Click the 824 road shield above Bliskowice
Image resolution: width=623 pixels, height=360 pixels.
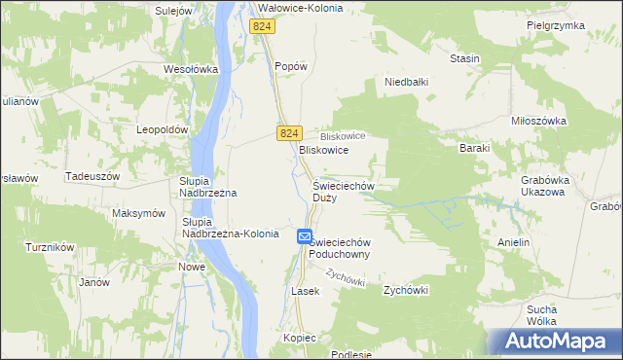(287, 132)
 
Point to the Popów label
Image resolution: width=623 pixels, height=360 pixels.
(291, 66)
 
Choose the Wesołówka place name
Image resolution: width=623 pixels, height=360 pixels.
(189, 70)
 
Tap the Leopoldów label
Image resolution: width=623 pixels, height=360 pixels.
(162, 129)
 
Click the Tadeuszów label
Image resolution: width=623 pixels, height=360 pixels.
(92, 176)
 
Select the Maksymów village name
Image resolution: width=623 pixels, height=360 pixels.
(138, 213)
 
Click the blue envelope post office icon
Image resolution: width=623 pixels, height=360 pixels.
(304, 236)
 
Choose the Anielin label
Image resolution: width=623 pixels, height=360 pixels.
(513, 241)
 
